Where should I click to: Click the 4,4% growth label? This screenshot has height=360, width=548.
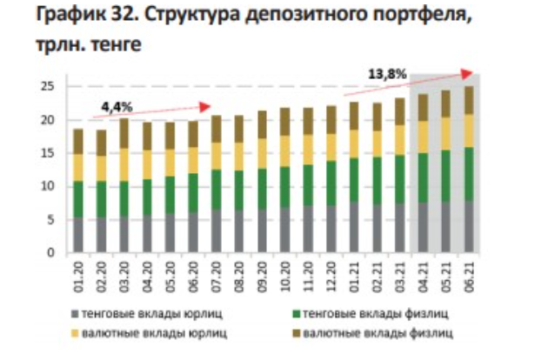(x=117, y=106)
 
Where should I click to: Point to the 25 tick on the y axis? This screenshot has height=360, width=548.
(x=48, y=86)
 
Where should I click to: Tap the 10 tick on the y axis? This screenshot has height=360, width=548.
(x=48, y=186)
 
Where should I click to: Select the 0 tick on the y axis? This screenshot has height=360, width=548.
(x=51, y=253)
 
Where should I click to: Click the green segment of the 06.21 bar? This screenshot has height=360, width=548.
(x=469, y=174)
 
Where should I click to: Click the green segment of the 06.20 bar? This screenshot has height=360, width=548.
(x=193, y=192)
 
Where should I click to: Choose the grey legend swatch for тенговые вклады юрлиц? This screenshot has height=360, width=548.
(x=74, y=310)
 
